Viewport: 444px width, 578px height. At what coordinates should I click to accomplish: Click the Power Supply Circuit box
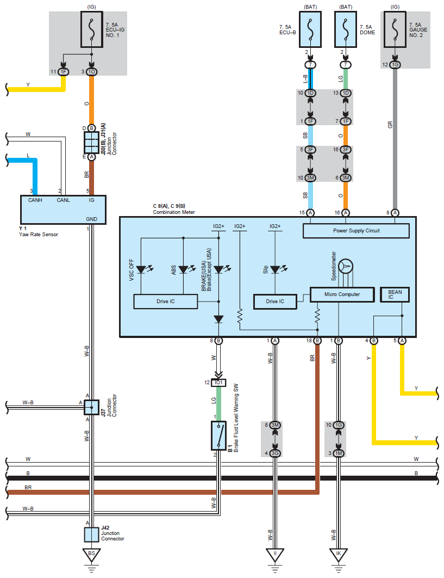[x=356, y=231]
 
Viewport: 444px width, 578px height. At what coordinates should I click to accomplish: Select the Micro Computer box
[x=342, y=294]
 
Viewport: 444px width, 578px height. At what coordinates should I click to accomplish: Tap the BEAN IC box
[x=395, y=294]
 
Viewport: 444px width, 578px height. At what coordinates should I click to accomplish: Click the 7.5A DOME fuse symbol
[x=345, y=29]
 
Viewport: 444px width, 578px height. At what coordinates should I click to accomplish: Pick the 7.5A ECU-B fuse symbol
[x=310, y=29]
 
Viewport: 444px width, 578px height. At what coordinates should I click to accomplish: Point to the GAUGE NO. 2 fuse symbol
[x=395, y=29]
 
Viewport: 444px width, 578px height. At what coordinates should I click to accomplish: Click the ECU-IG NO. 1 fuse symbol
[x=92, y=29]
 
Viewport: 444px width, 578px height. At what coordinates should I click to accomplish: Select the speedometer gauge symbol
[x=346, y=266]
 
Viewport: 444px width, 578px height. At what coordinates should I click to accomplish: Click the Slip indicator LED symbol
[x=276, y=269]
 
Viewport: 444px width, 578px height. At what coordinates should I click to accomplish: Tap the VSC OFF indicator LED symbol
[x=142, y=269]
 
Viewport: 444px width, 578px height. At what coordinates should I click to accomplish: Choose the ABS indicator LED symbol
[x=184, y=269]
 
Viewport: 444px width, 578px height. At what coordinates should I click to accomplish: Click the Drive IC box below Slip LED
[x=275, y=302]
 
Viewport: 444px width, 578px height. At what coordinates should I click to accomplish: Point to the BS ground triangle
[x=91, y=555]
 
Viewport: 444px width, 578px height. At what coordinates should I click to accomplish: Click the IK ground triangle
[x=339, y=555]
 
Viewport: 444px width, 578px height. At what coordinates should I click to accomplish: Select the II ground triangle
[x=275, y=555]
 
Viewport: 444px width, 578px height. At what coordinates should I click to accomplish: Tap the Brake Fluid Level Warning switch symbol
[x=218, y=436]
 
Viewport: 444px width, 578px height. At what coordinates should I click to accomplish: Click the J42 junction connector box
[x=92, y=534]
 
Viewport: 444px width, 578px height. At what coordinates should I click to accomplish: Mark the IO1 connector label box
[x=218, y=383]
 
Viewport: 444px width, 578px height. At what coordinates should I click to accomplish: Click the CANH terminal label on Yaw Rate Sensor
[x=35, y=200]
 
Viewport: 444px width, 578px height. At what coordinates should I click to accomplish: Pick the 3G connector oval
[x=275, y=453]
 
